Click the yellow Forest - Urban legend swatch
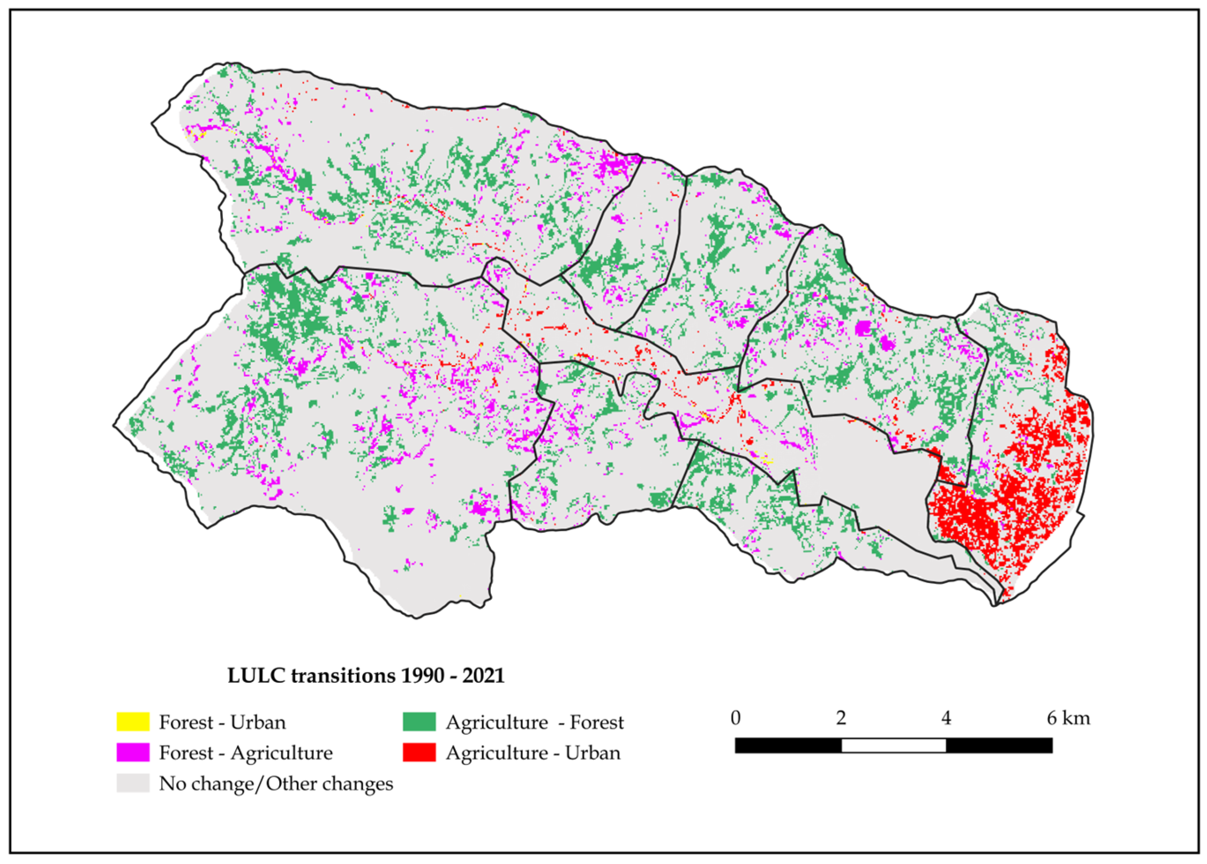pos(133,722)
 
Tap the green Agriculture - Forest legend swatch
pos(419,722)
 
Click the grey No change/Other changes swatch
pos(133,783)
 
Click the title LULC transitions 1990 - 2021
pos(365,676)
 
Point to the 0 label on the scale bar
pos(735,718)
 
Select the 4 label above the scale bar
pos(946,718)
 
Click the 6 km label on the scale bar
pos(1068,718)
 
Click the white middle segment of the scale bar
pos(894,746)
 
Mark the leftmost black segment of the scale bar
pos(788,746)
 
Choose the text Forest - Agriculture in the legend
pos(246,753)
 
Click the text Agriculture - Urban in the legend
pos(533,753)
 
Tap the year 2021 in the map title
pos(483,676)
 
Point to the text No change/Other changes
pos(276,783)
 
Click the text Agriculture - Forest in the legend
pos(534,722)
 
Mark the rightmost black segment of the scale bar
pos(999,746)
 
